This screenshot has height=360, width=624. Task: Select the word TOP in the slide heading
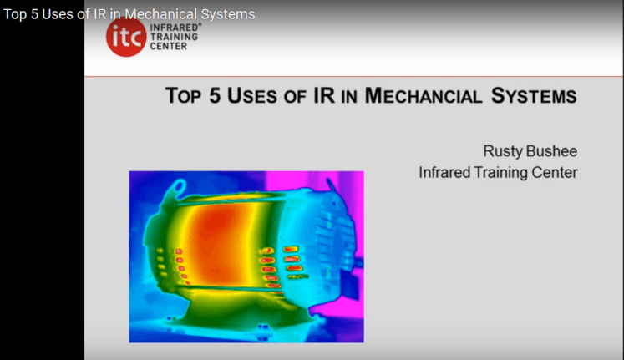point(183,96)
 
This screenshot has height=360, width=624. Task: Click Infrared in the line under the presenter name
point(446,173)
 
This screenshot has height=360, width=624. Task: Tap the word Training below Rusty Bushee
point(506,173)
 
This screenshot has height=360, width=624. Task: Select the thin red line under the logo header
point(351,76)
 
